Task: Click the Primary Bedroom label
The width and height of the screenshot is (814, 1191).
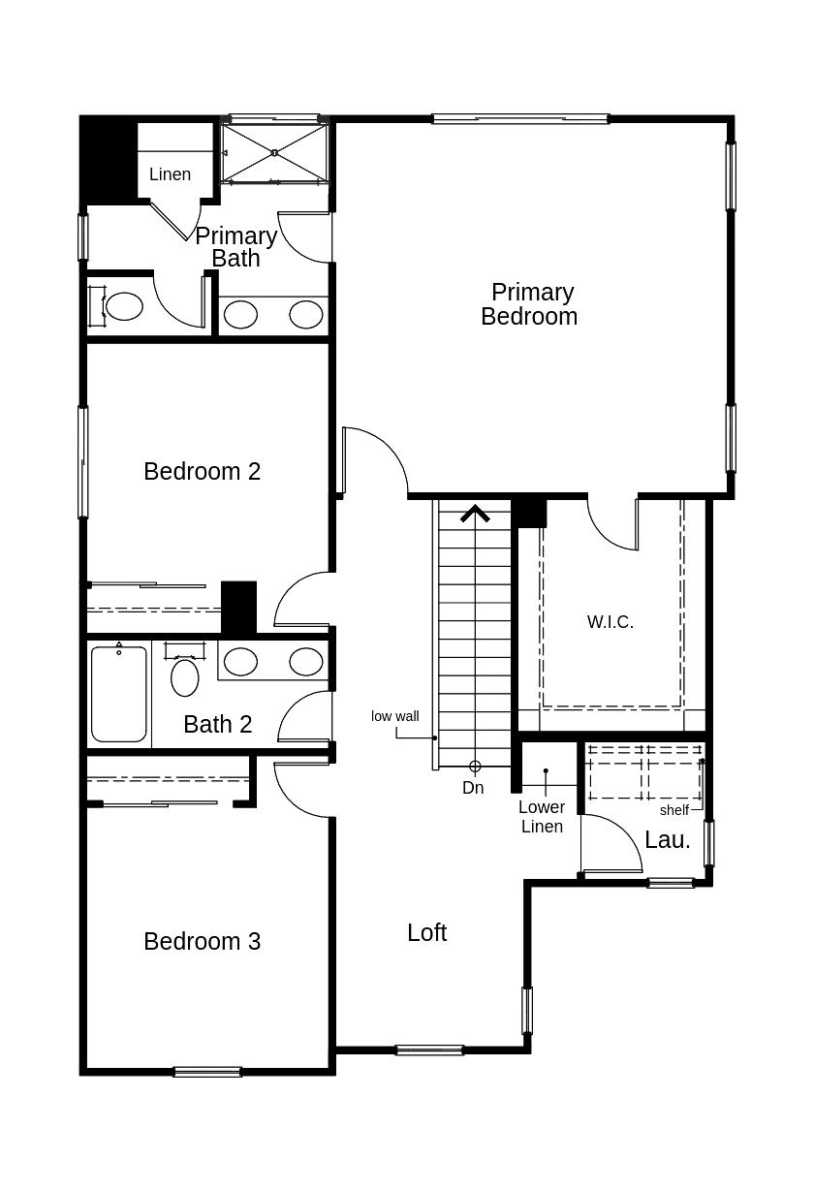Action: click(x=529, y=304)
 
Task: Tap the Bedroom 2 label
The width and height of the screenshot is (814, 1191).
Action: click(x=202, y=471)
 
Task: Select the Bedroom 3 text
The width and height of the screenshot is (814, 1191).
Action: click(x=202, y=941)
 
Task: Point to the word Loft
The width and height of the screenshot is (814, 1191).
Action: click(x=426, y=932)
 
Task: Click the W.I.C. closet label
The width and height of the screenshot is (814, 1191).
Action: click(x=610, y=622)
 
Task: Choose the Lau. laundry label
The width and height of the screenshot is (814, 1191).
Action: click(x=668, y=840)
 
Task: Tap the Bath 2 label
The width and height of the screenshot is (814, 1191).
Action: click(x=217, y=724)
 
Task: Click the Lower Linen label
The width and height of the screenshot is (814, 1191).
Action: click(x=542, y=817)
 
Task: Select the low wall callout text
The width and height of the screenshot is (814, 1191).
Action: click(x=395, y=716)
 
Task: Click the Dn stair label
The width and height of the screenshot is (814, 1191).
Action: click(x=473, y=788)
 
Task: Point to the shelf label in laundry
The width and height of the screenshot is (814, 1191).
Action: click(x=674, y=810)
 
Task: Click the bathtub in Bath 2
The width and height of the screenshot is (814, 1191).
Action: click(x=119, y=694)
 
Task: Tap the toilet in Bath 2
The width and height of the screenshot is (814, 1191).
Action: click(x=185, y=674)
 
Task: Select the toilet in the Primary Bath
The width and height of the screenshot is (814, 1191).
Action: click(x=122, y=307)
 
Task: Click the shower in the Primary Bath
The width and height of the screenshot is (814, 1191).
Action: click(x=275, y=153)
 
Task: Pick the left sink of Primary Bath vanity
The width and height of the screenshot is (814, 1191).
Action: click(x=240, y=314)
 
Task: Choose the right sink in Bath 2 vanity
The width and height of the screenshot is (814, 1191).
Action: click(x=306, y=662)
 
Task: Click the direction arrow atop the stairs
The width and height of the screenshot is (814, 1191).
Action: click(x=475, y=514)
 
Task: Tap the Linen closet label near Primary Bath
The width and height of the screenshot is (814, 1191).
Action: click(x=170, y=174)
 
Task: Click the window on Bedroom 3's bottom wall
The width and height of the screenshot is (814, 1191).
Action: click(x=207, y=1072)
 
